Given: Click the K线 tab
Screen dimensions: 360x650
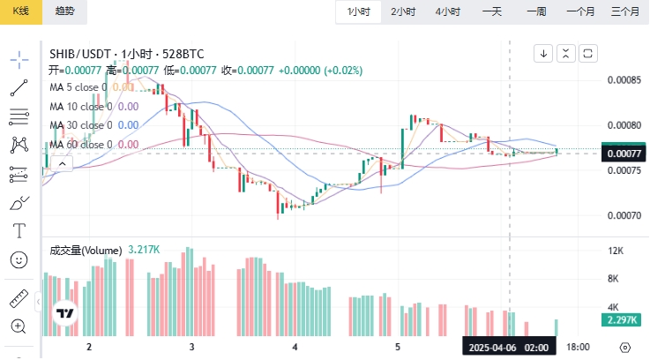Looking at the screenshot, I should (x=20, y=11).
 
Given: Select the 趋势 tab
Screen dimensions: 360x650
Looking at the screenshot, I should (x=64, y=11).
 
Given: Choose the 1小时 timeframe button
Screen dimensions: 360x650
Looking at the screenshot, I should (x=358, y=11).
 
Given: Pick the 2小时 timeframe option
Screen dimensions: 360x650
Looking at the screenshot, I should (x=403, y=11).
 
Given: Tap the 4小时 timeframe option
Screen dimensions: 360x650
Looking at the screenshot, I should (x=447, y=11).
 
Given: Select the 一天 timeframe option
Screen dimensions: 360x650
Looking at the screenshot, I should (x=491, y=11).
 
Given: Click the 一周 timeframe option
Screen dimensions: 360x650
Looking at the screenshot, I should (x=536, y=11).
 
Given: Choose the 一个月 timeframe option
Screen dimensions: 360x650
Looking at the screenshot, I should (x=580, y=11).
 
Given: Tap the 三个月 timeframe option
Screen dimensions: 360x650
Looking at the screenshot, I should (x=624, y=11).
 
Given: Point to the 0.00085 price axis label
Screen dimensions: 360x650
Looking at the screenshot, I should (x=624, y=80).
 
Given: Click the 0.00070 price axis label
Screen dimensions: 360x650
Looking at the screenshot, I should (x=624, y=215).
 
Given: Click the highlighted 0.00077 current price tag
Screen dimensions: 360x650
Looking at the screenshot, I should (x=624, y=153).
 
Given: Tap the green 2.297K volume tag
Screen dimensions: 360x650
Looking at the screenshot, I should (x=624, y=320).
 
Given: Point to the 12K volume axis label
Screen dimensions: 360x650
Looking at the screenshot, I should (x=616, y=251).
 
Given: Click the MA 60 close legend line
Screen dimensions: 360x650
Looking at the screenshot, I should (x=93, y=145).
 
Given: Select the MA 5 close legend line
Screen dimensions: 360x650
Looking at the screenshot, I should (x=92, y=86).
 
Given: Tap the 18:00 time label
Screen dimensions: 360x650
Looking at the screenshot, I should (x=578, y=348).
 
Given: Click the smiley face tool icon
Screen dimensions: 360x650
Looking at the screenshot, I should (x=19, y=259).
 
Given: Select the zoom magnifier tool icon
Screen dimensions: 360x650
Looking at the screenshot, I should (x=19, y=326).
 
